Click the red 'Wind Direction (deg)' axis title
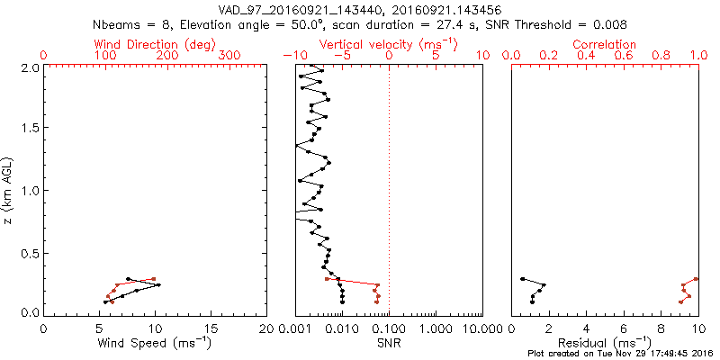pyautogui.click(x=155, y=44)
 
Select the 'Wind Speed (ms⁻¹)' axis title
pyautogui.click(x=155, y=343)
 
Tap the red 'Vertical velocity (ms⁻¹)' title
pyautogui.click(x=389, y=44)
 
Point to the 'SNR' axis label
pyautogui.click(x=389, y=343)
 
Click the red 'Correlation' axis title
pyautogui.click(x=605, y=44)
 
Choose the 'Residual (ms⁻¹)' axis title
pyautogui.click(x=605, y=343)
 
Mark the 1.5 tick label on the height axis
pyautogui.click(x=31, y=129)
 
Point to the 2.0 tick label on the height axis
pyautogui.click(x=31, y=67)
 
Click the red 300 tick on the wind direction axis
pyautogui.click(x=230, y=56)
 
